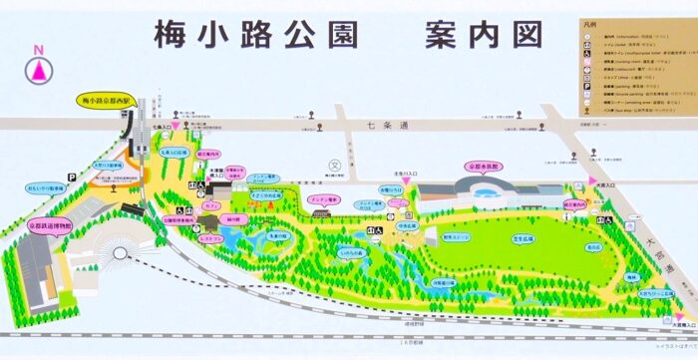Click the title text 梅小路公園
pos(255,34)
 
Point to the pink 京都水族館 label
pos(483,168)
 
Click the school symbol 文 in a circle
pos(335,166)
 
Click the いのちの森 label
pos(352,257)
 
